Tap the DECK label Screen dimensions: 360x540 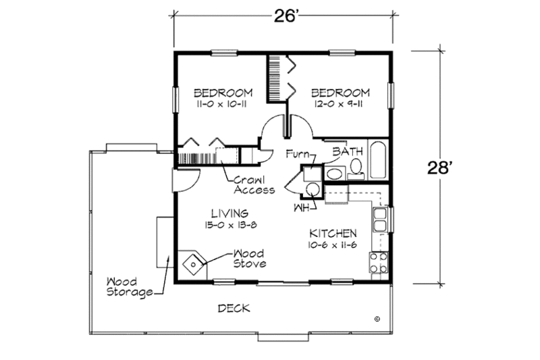click(x=234, y=309)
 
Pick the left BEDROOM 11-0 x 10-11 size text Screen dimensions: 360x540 click(x=223, y=105)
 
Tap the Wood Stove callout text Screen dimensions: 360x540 click(x=249, y=259)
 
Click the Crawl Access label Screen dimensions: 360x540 click(x=254, y=185)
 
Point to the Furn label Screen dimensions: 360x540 click(x=296, y=154)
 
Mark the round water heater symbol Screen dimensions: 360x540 click(x=311, y=188)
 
